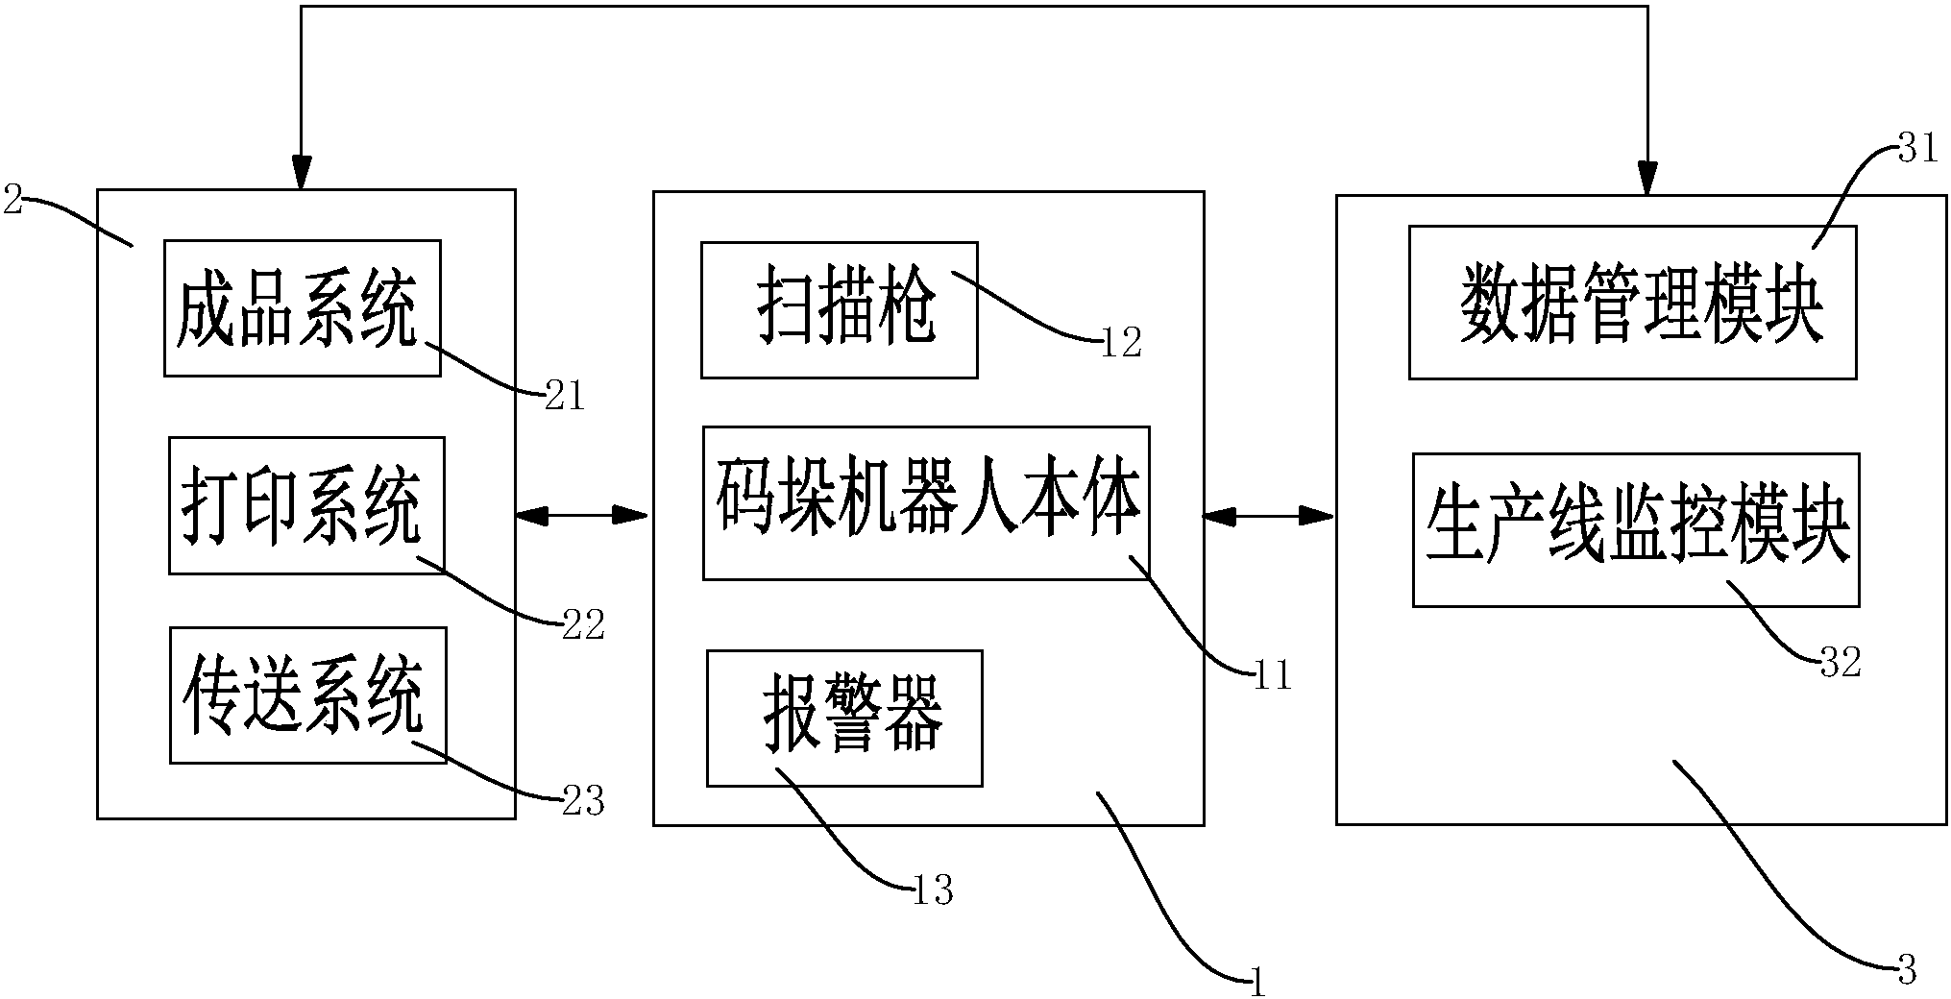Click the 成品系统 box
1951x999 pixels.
pos(302,307)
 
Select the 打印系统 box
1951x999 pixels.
pos(306,505)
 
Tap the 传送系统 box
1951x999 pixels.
pos(307,695)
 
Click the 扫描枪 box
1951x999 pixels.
pos(839,309)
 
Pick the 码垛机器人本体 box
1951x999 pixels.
pos(926,502)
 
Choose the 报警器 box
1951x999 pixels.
pos(844,718)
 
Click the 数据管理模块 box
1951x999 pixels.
pos(1631,302)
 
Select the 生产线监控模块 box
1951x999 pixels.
pos(1635,529)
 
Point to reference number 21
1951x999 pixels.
pos(564,397)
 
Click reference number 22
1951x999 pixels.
pos(583,625)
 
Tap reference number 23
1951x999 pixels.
pos(583,801)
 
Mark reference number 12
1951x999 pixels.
pos(1120,343)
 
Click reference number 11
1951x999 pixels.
pos(1272,677)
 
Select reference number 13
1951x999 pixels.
pos(932,891)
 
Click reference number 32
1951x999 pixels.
pos(1841,663)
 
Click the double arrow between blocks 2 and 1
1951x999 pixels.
pos(583,517)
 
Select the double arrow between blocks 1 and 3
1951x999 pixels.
pos(1269,517)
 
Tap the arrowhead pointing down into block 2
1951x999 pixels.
pos(302,173)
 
